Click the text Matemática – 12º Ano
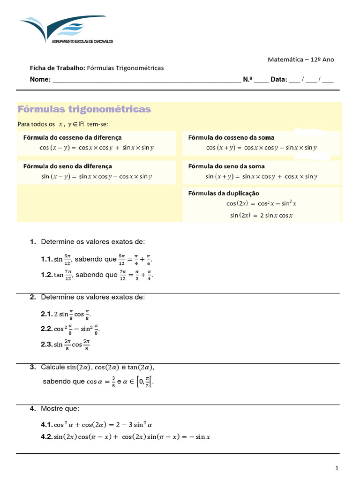300,60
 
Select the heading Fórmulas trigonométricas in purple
84,109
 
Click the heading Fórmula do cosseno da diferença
72,137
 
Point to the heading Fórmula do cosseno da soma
231,137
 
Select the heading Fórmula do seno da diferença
67,166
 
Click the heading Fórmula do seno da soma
226,166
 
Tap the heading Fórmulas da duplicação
224,193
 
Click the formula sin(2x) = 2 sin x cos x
261,216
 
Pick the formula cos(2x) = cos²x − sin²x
261,204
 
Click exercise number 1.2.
46,275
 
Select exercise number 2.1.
46,314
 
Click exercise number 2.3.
46,345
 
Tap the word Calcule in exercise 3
52,367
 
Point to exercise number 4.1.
46,425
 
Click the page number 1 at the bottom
337,468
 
